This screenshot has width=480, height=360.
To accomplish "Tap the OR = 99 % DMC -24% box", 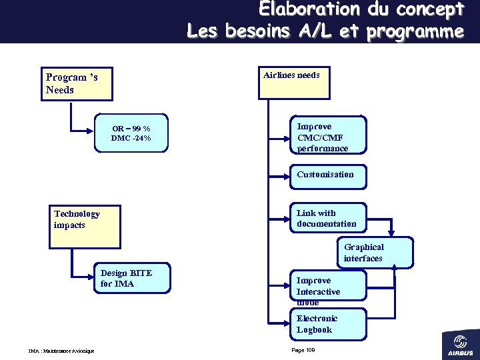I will coord(131,133).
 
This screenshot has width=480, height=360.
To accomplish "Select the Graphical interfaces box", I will coord(374,253).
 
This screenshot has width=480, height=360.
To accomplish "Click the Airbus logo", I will coord(459,343).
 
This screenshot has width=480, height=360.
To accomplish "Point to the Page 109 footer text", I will coord(303,350).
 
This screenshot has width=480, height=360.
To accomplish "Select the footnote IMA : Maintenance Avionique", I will coord(61,351).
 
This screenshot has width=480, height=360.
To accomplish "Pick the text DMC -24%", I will coord(131,139).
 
